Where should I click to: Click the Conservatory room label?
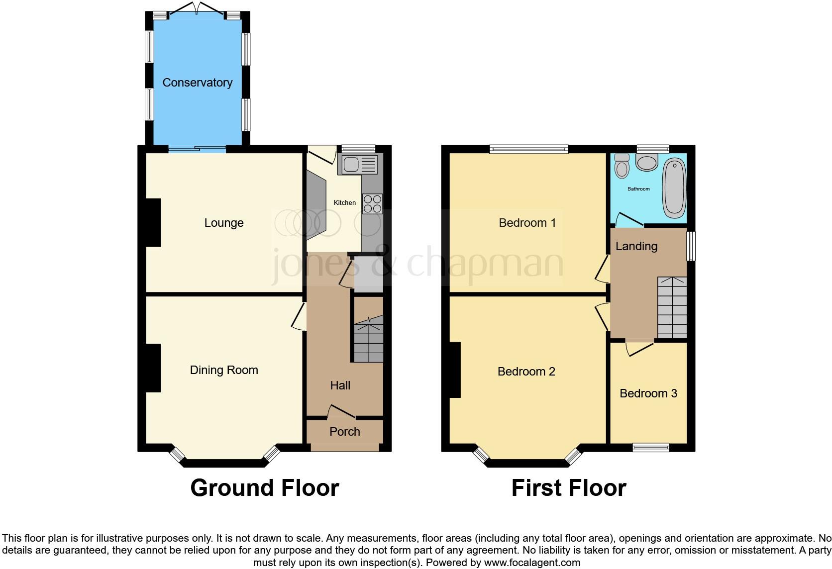tap(198, 83)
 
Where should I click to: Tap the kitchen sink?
tap(358, 165)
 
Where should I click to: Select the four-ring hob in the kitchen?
tap(372, 203)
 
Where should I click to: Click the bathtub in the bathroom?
tap(674, 188)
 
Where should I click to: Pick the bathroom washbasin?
tap(647, 162)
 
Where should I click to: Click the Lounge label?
tap(224, 223)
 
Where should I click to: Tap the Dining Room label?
tap(224, 370)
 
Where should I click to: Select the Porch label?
tap(344, 432)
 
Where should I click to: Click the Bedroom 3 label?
tap(648, 393)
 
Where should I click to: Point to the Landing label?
tap(636, 246)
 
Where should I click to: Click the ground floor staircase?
tap(368, 338)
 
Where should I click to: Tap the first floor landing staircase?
tap(672, 308)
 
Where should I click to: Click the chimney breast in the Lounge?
tap(153, 222)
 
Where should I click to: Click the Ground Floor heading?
tap(265, 488)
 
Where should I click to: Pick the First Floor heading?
tap(568, 488)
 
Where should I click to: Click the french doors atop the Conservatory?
tap(198, 9)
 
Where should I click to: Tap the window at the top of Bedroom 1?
tap(528, 149)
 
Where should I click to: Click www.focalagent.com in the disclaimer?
tap(531, 563)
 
